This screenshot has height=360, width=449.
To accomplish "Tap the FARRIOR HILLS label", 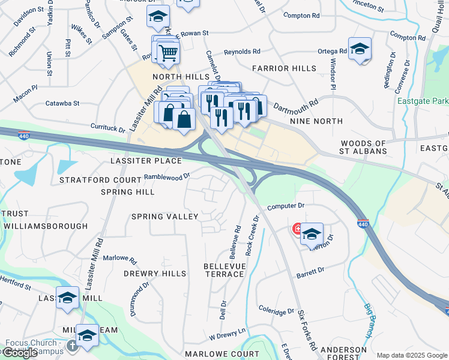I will pyautogui.click(x=283, y=69).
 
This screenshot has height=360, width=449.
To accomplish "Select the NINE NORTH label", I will pyautogui.click(x=316, y=121).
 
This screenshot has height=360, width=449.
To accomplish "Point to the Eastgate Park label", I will pyautogui.click(x=423, y=100).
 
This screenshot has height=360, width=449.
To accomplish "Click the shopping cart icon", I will pyautogui.click(x=168, y=52).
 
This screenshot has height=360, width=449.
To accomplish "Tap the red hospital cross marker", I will pyautogui.click(x=297, y=229).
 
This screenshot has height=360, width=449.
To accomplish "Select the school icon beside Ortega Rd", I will pyautogui.click(x=360, y=50).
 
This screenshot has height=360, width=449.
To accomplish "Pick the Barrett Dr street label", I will pyautogui.click(x=310, y=273).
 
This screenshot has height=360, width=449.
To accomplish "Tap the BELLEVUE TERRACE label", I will pyautogui.click(x=224, y=269).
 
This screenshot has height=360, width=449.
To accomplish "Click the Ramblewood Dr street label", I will pyautogui.click(x=167, y=177).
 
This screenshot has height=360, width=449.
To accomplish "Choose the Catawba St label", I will pyautogui.click(x=62, y=103).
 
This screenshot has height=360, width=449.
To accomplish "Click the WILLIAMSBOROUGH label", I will pyautogui.click(x=45, y=226).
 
